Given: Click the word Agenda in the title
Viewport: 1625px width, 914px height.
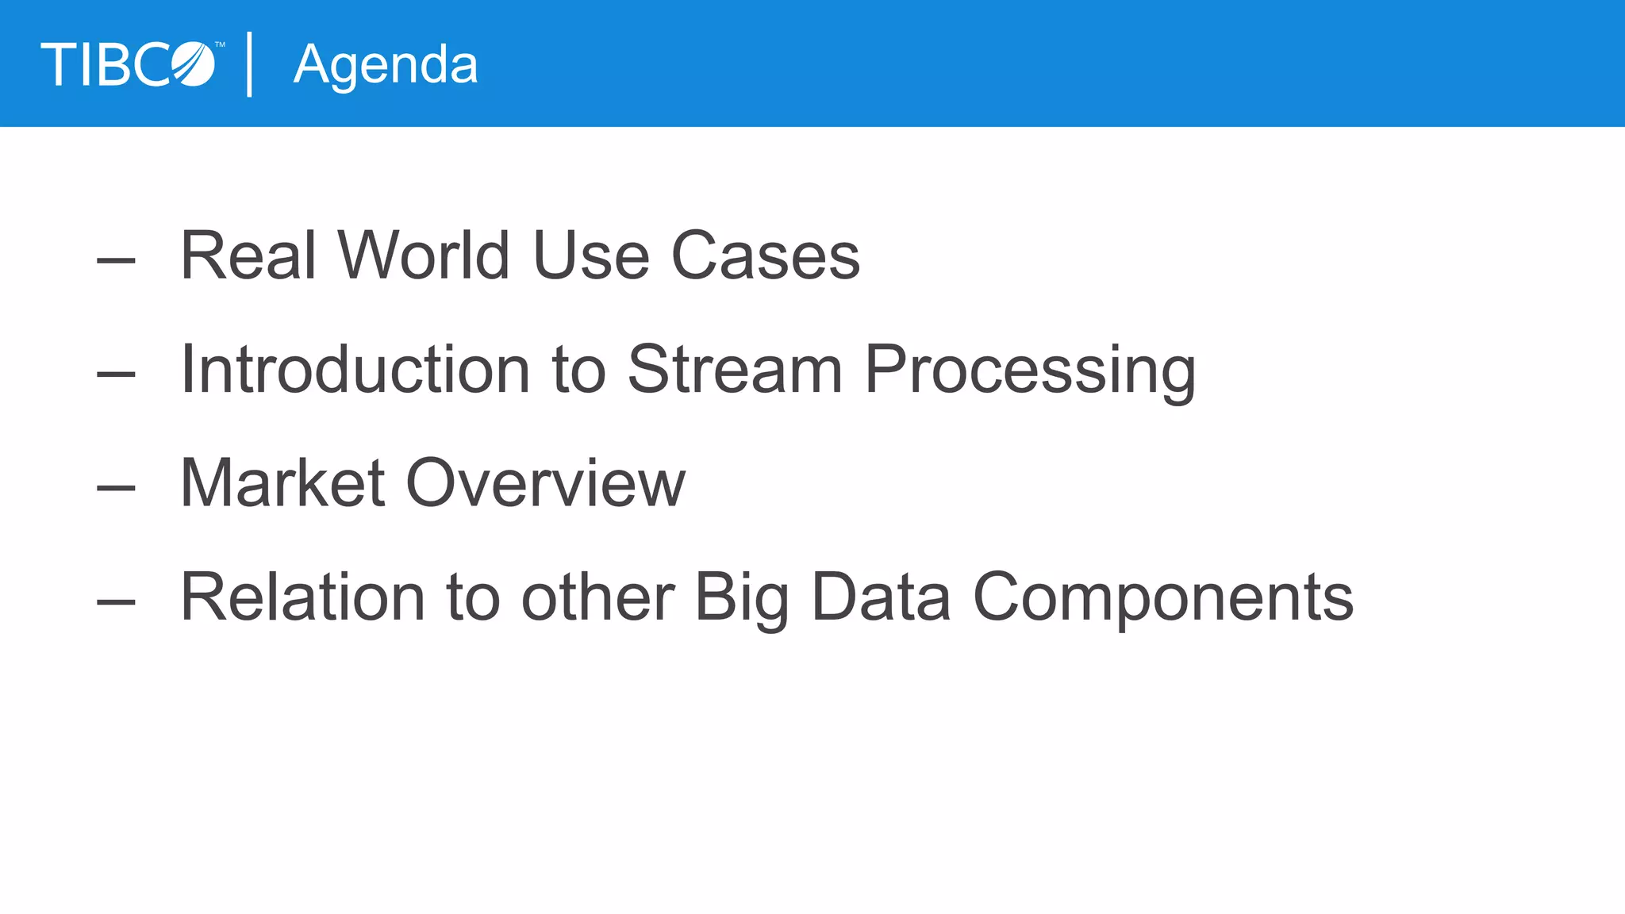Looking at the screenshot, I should [x=386, y=65].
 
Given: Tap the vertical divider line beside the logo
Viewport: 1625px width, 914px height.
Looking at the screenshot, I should [x=250, y=64].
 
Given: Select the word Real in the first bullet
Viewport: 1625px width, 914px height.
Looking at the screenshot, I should [x=248, y=255].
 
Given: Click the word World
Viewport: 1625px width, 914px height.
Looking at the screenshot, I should [x=423, y=255].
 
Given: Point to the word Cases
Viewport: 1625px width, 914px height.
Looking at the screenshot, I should [x=765, y=255].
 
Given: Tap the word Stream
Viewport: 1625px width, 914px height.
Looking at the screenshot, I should [x=735, y=370].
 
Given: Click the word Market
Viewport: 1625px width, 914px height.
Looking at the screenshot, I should [x=282, y=483].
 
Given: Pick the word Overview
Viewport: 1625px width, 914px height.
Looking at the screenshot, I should [x=545, y=483].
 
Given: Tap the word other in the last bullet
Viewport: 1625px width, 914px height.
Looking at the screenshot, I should [x=597, y=597].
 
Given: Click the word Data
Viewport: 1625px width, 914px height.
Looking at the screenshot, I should [x=881, y=597].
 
